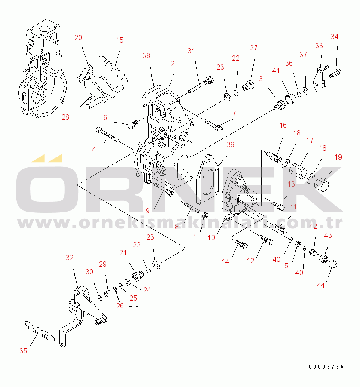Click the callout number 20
(78, 37)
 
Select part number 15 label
(120, 40)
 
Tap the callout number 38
(146, 55)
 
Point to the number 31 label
(191, 51)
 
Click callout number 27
(254, 48)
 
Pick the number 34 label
(335, 37)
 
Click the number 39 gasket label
(231, 144)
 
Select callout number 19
(338, 157)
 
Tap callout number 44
(321, 285)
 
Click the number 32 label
(70, 258)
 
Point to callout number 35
(22, 350)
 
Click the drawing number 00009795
(326, 367)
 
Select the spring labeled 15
(113, 67)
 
